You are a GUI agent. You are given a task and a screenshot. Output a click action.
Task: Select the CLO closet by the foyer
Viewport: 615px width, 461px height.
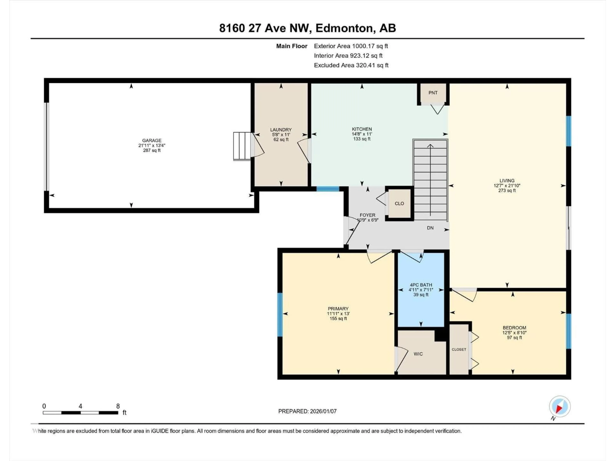point(399,203)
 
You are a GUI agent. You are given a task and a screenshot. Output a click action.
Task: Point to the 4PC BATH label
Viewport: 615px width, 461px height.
point(421,285)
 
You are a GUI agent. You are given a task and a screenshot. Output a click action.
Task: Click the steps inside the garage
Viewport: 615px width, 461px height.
point(242,146)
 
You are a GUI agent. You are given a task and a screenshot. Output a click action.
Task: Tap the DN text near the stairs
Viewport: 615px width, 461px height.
point(430,228)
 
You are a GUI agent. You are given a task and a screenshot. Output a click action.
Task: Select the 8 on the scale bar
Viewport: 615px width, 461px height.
point(118,406)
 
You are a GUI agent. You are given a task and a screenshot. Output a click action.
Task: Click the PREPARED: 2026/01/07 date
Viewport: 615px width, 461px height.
point(307,411)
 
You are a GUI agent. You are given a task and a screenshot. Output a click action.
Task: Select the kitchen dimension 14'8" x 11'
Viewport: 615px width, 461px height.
point(362,134)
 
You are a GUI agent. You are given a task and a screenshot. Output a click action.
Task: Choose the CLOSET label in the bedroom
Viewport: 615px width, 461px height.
point(459,349)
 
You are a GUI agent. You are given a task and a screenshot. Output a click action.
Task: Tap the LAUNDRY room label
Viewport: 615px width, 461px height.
point(281,129)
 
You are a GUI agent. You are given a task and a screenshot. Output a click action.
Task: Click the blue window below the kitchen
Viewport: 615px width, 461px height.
point(328,189)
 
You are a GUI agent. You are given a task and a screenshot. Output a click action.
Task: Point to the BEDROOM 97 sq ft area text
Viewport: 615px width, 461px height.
point(514,338)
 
